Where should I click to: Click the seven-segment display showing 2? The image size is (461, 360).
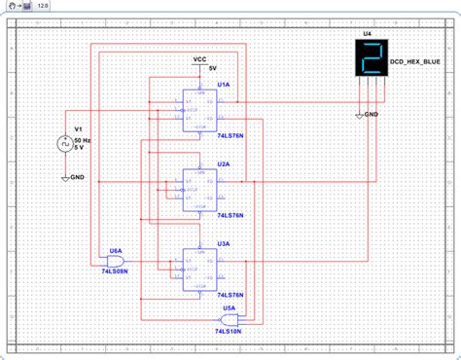pyautogui.click(x=369, y=60)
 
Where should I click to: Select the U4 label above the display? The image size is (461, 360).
pyautogui.click(x=368, y=34)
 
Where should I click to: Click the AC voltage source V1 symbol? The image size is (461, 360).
pyautogui.click(x=64, y=145)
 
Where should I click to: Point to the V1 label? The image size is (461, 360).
pyautogui.click(x=81, y=129)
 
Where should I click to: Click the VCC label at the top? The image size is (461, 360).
pyautogui.click(x=199, y=59)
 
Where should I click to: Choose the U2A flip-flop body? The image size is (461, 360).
pyautogui.click(x=198, y=185)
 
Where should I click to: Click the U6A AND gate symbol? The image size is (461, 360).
pyautogui.click(x=110, y=259)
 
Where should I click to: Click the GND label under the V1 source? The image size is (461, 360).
pyautogui.click(x=77, y=179)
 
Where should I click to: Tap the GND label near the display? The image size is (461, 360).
pyautogui.click(x=373, y=114)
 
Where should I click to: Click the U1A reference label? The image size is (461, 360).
pyautogui.click(x=224, y=85)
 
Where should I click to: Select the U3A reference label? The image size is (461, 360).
pyautogui.click(x=224, y=243)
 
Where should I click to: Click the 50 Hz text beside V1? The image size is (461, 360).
pyautogui.click(x=84, y=141)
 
